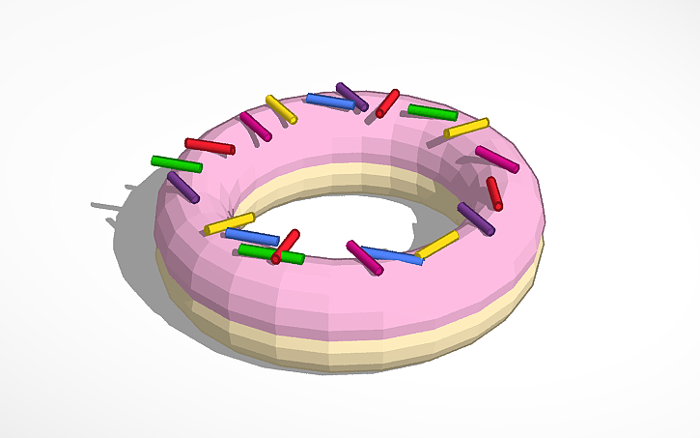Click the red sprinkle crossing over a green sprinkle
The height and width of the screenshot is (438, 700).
[x=286, y=246]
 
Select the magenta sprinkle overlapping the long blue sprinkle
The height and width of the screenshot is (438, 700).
[x=364, y=257]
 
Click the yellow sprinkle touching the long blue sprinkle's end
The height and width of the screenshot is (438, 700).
[x=437, y=244]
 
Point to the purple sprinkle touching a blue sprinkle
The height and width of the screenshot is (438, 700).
[x=351, y=96]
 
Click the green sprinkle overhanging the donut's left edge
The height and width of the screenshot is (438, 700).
[x=177, y=163]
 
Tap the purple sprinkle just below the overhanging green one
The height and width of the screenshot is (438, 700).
[x=182, y=187]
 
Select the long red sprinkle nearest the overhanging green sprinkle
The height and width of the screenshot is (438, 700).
[x=210, y=146]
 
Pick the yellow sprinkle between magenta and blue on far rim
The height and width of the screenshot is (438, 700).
[x=281, y=108]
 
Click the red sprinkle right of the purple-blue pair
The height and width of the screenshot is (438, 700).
[x=387, y=102]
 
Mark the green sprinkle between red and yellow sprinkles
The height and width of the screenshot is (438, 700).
[x=432, y=112]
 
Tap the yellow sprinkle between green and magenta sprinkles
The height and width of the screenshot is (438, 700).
[x=466, y=128]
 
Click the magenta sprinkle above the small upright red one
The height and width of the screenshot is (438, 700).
[x=496, y=160]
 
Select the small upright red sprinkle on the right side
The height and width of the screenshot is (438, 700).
[x=493, y=192]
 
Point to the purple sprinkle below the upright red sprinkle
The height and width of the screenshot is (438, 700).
[x=475, y=219]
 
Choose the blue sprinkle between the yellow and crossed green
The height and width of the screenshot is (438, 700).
[x=252, y=237]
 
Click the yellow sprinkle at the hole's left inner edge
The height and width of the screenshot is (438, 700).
[x=229, y=224]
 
